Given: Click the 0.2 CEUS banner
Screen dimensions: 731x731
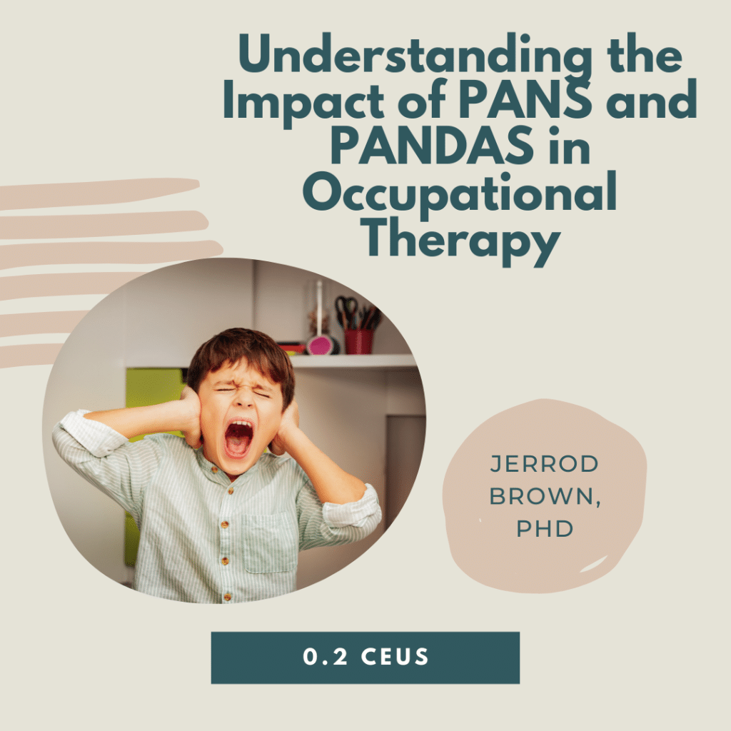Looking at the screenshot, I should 365,657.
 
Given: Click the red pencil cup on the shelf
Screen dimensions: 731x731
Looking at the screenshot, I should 358,341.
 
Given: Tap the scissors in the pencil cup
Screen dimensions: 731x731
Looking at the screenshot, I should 347,309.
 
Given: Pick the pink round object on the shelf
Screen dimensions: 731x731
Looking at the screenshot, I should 320,344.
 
